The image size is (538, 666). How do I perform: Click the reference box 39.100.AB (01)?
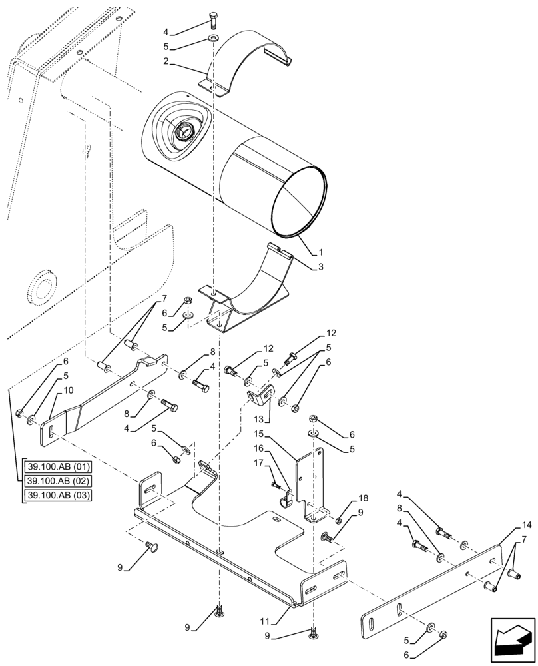57,466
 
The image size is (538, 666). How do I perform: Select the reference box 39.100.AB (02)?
57,480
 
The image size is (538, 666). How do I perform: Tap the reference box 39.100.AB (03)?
57,496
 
